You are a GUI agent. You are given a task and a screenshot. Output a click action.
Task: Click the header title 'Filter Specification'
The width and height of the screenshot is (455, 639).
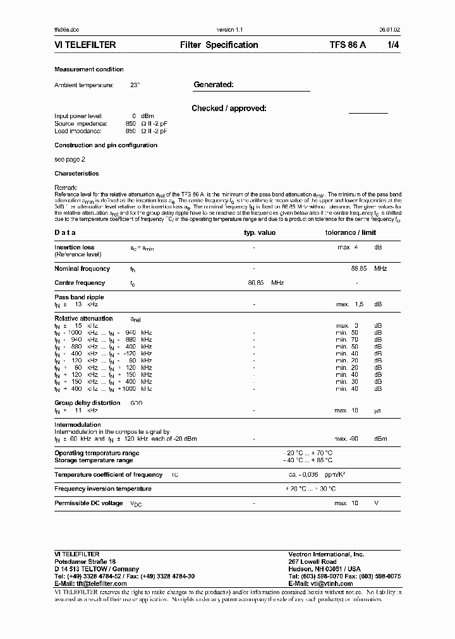pos(219,45)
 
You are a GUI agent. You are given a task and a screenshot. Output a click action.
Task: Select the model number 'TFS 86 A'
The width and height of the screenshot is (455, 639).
pos(347,45)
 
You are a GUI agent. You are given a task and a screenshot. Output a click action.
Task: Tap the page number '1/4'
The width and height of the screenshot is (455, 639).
pos(393,45)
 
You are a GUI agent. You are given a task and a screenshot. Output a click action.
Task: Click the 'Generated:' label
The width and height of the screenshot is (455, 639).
pos(214,85)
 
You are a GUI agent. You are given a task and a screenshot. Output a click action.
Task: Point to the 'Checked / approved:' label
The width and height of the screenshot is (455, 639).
pos(229,109)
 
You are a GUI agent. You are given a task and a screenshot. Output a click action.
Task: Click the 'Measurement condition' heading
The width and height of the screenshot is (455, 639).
pos(89,69)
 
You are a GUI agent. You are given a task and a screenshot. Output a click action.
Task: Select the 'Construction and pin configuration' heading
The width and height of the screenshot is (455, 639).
pos(106,145)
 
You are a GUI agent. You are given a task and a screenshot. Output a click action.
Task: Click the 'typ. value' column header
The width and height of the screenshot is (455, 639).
pos(260,232)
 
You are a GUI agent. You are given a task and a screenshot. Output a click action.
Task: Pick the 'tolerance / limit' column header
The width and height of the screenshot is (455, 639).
pos(350,232)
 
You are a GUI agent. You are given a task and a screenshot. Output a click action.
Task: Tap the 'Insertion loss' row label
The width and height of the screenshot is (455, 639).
pos(75,248)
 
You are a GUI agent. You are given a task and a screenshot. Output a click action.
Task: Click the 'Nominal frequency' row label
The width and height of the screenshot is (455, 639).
pos(82,269)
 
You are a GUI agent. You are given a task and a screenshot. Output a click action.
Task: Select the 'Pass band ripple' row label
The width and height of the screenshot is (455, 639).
pos(79,297)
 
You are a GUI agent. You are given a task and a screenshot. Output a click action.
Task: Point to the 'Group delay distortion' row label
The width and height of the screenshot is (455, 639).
pos(87,402)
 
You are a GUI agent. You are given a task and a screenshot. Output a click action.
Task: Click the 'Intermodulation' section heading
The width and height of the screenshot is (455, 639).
pos(78,425)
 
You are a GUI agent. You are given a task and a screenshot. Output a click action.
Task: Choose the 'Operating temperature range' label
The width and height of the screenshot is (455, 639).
pos(97,453)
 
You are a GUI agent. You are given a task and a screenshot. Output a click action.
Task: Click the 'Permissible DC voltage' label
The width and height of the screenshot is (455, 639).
pos(88,503)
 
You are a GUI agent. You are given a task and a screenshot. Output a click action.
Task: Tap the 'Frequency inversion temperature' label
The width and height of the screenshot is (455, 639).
pos(103,489)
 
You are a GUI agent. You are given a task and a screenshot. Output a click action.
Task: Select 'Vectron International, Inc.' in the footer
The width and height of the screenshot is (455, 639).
pos(326,554)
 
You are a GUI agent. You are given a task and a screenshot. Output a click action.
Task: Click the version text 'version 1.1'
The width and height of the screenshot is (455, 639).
pos(229,30)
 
